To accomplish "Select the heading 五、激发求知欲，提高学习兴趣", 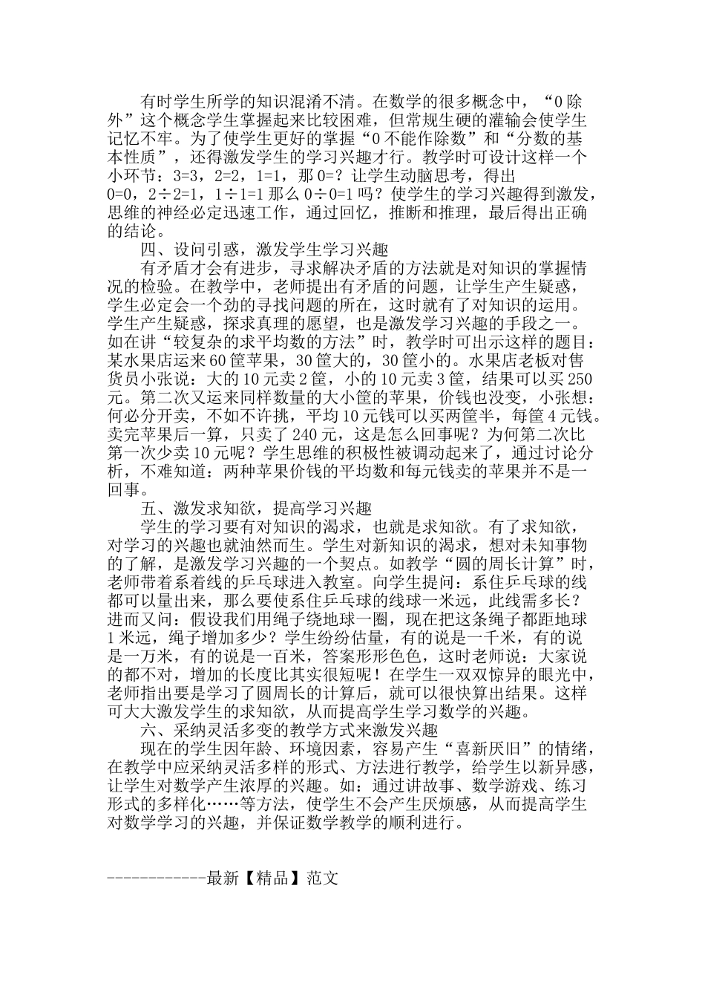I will pyautogui.click(x=256, y=509).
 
